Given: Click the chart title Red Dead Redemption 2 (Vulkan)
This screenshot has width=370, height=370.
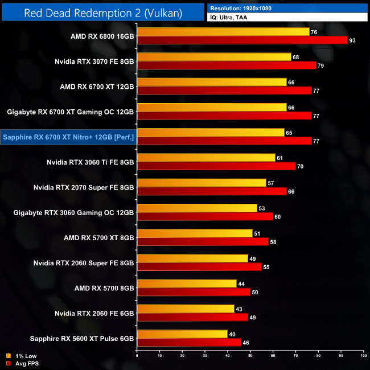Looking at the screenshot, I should [102, 13].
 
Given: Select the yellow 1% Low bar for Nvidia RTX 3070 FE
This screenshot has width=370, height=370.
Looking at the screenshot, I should [214, 57].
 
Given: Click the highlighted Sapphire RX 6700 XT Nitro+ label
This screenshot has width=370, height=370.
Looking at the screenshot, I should [68, 137].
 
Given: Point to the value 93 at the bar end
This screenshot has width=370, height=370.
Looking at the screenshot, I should [353, 40].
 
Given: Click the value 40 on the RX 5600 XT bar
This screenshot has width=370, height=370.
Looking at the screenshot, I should [232, 334].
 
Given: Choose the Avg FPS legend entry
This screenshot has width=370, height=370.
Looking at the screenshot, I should [26, 363].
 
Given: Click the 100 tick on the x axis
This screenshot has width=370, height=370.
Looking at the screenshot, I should [363, 355].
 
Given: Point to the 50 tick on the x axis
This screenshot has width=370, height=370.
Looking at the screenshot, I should [250, 355].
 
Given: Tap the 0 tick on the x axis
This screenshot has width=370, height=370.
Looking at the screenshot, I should [137, 355].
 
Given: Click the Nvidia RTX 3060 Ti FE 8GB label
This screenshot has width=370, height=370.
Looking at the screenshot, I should [91, 162].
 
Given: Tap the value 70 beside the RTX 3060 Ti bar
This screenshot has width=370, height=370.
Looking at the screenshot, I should [301, 166].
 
